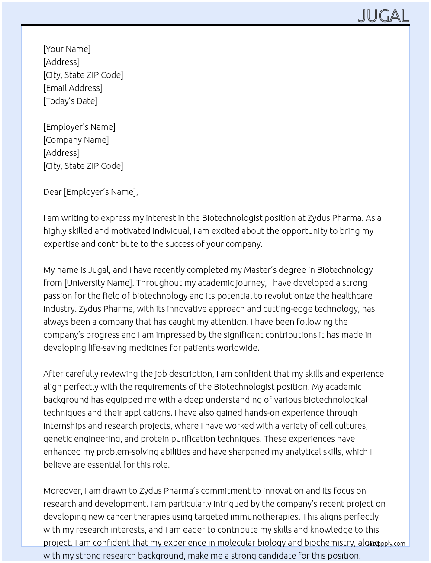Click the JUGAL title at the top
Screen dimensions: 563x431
[x=383, y=16]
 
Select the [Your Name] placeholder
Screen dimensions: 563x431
[x=67, y=49]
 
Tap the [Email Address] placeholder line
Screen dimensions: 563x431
[x=73, y=88]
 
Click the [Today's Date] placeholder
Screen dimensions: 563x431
[x=70, y=101]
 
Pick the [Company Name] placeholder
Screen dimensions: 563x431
[x=76, y=140]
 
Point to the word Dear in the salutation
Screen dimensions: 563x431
[x=52, y=192]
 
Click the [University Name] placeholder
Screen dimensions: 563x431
[x=99, y=283]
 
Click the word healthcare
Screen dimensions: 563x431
[x=352, y=296]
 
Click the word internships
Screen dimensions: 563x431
[x=64, y=426]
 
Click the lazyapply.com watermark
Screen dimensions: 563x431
[x=386, y=544]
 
